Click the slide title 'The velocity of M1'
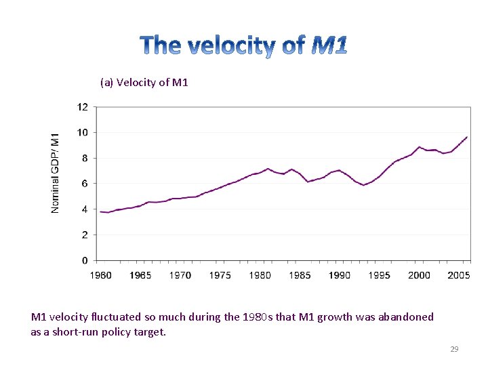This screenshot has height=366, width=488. pyautogui.click(x=244, y=46)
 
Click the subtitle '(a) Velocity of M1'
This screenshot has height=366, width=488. pyautogui.click(x=144, y=83)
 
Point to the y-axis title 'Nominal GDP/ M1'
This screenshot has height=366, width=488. pyautogui.click(x=56, y=172)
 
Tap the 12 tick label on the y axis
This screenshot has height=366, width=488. pyautogui.click(x=82, y=107)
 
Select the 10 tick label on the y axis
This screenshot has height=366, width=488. pyautogui.click(x=82, y=132)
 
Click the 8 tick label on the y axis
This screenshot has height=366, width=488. pyautogui.click(x=84, y=158)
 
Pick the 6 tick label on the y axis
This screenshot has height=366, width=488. pyautogui.click(x=84, y=184)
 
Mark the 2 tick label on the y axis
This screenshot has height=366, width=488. pyautogui.click(x=84, y=235)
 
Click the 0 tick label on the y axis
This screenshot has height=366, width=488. pyautogui.click(x=84, y=260)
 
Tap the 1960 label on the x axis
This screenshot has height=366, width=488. pyautogui.click(x=100, y=275)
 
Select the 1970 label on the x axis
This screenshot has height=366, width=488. pyautogui.click(x=180, y=275)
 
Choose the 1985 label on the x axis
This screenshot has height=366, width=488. pyautogui.click(x=300, y=275)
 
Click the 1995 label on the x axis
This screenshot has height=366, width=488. pyautogui.click(x=380, y=275)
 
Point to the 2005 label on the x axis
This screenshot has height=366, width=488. pyautogui.click(x=459, y=275)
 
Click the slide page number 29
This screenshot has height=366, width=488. pyautogui.click(x=454, y=349)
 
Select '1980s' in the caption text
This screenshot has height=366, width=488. pyautogui.click(x=258, y=317)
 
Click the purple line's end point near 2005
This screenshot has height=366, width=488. pyautogui.click(x=467, y=137)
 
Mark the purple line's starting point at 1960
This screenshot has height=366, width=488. pyautogui.click(x=100, y=211)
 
